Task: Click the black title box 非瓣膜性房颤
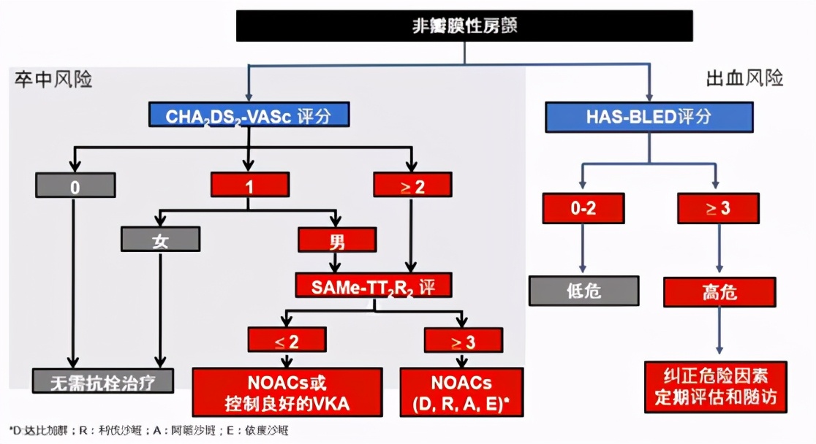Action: [x=464, y=26]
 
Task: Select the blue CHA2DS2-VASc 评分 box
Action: [x=249, y=115]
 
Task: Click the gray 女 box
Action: [x=160, y=240]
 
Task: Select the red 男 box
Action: [x=337, y=240]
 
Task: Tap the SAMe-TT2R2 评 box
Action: [x=374, y=286]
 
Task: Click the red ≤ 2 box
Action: [x=287, y=340]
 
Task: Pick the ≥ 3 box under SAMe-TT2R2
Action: [x=463, y=340]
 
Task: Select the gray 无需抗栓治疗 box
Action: [x=103, y=380]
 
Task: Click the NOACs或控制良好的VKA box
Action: [x=287, y=392]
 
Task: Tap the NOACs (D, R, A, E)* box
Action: [x=461, y=392]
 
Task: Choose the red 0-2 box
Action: [x=583, y=208]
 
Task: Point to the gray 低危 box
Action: [x=583, y=290]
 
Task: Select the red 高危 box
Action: [x=719, y=292]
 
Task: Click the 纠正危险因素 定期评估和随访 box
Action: [x=715, y=386]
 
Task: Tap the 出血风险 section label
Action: [x=744, y=78]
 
